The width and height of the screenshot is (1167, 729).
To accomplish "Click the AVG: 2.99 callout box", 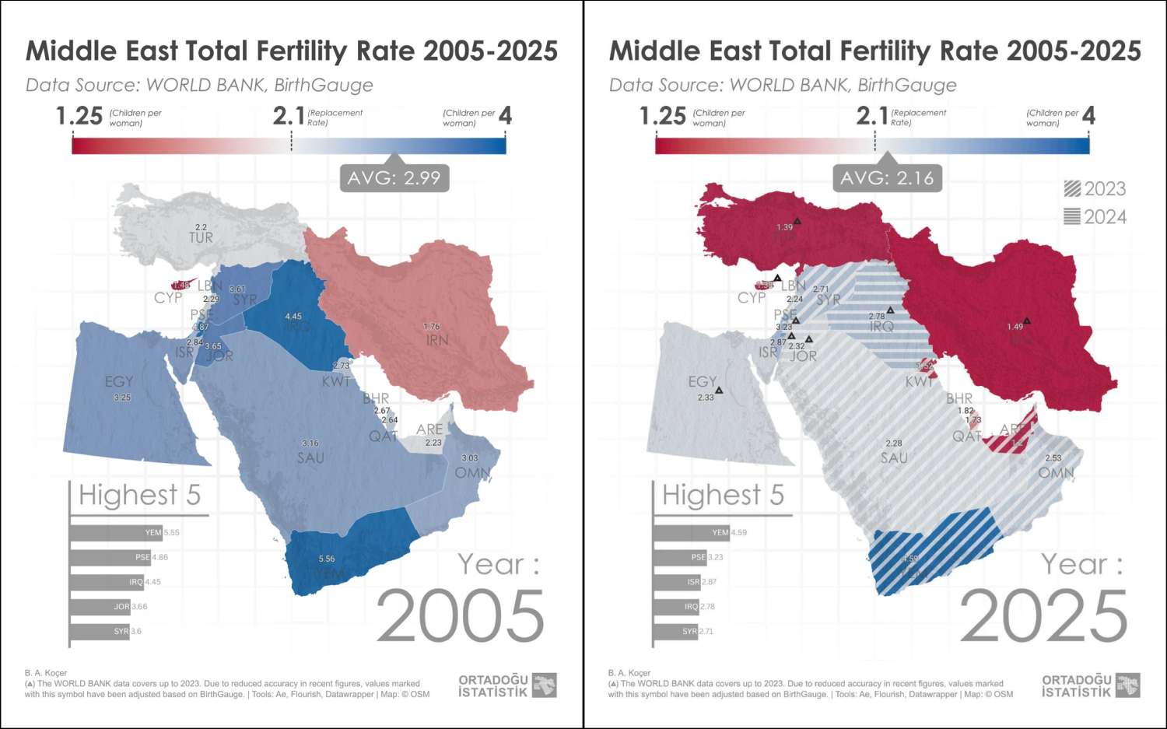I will coord(394,178).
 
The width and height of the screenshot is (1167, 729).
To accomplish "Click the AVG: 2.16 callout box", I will coord(887,178).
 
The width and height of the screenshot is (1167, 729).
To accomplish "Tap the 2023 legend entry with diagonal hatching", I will coord(1095,189).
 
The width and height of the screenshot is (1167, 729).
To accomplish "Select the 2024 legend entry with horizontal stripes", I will coord(1095,217).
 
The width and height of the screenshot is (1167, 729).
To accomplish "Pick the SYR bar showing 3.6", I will coord(100,631).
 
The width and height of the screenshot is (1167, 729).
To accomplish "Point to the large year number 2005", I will coord(460,616).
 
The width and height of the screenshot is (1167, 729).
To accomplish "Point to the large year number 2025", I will coord(1043,616).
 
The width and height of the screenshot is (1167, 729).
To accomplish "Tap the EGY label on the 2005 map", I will coord(119,381).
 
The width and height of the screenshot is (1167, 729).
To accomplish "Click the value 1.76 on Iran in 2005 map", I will coord(432,327).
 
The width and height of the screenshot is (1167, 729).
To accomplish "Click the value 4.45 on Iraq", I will coord(293,317).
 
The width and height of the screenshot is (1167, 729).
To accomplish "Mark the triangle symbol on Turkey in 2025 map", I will coord(797,222).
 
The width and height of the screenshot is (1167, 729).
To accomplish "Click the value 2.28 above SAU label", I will coord(893,443).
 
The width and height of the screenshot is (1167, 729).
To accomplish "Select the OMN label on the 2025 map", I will coord(1056,472).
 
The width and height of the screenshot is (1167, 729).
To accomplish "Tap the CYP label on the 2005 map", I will coord(168,298).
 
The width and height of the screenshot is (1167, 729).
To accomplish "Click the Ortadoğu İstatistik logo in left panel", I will coord(507,685).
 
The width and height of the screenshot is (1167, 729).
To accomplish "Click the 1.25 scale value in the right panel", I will coord(662,116).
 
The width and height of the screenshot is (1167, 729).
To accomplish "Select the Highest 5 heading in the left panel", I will coord(139,495).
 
